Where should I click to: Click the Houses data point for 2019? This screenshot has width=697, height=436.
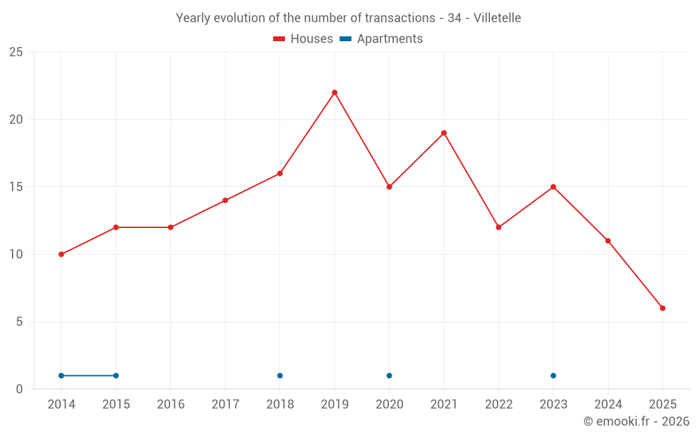click(335, 93)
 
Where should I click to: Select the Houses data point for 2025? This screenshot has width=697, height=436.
click(663, 308)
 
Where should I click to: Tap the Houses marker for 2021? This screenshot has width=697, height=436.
click(444, 133)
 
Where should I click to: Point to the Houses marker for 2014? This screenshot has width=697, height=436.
click(61, 255)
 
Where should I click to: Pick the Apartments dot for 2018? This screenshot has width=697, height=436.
click(280, 376)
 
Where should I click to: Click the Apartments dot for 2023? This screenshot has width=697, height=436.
click(553, 376)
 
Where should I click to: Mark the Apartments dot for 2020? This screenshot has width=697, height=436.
click(389, 376)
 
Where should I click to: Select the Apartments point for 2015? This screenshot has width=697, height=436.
click(116, 376)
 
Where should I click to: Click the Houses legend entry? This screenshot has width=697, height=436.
click(303, 39)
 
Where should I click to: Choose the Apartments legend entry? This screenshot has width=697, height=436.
click(381, 39)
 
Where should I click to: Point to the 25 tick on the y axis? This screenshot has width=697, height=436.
click(16, 52)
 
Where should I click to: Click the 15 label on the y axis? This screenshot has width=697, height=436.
click(16, 187)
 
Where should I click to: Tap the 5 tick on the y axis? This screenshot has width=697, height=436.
click(20, 322)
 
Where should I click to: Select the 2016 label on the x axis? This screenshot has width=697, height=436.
click(171, 405)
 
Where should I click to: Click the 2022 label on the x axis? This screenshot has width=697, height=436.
click(498, 405)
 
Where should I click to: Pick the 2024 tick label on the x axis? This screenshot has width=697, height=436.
click(608, 405)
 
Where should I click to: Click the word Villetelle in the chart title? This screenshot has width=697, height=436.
click(497, 18)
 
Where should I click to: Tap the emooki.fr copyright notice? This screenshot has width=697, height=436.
click(636, 421)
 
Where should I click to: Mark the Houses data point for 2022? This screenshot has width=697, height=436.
click(498, 227)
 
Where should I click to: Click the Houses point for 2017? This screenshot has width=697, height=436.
click(225, 200)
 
